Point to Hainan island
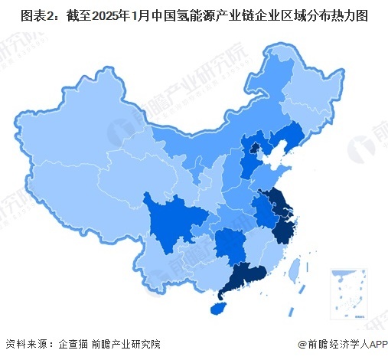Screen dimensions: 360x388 point(217,308)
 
